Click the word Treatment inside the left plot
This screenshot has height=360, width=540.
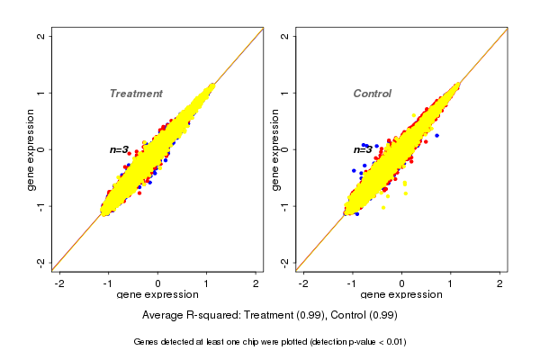pyautogui.click(x=136, y=94)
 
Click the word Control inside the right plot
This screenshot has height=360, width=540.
pyautogui.click(x=372, y=94)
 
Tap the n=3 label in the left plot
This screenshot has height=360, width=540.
pyautogui.click(x=120, y=149)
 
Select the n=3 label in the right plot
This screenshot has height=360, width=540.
pyautogui.click(x=362, y=149)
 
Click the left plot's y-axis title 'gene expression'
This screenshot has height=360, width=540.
pyautogui.click(x=31, y=149)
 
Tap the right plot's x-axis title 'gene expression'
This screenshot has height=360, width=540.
pyautogui.click(x=401, y=295)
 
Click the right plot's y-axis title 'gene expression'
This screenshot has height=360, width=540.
pyautogui.click(x=274, y=149)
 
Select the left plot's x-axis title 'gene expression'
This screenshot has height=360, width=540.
pyautogui.click(x=158, y=295)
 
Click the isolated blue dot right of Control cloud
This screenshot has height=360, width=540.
pyautogui.click(x=436, y=135)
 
